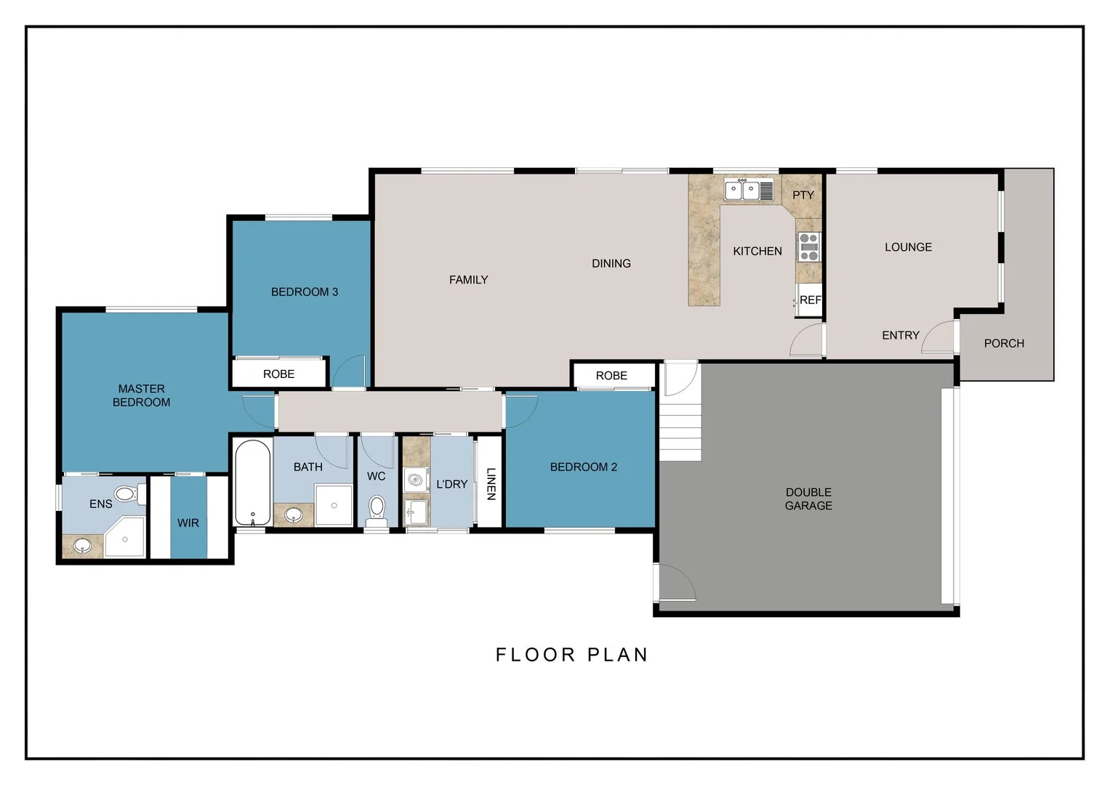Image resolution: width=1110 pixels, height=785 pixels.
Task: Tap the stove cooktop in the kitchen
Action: click(x=809, y=247)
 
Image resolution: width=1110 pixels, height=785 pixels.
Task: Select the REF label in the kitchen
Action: click(x=811, y=299)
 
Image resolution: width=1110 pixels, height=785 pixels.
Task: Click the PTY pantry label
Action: click(x=803, y=196)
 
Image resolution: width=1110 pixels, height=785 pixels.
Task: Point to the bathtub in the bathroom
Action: click(x=253, y=483)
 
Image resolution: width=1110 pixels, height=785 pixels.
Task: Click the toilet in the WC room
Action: click(x=377, y=511)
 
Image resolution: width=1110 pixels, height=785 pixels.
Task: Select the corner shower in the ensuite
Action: click(x=125, y=537)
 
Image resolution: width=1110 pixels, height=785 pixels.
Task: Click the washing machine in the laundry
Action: click(x=416, y=480)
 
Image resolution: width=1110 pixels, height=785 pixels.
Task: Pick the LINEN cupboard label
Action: click(x=491, y=483)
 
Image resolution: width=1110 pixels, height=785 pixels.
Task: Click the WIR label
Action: click(x=188, y=523)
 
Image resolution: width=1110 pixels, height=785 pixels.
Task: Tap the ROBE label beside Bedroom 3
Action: click(x=278, y=374)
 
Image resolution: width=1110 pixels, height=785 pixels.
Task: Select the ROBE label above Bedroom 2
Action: click(x=611, y=376)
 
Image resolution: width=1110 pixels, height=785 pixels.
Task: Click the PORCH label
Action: click(x=1004, y=343)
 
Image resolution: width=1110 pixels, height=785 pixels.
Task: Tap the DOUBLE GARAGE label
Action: click(x=808, y=499)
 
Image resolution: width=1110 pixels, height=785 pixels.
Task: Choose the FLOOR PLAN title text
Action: click(x=572, y=655)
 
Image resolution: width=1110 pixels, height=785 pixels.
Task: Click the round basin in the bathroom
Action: click(x=294, y=515)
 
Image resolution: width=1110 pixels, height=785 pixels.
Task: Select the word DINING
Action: click(x=611, y=264)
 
